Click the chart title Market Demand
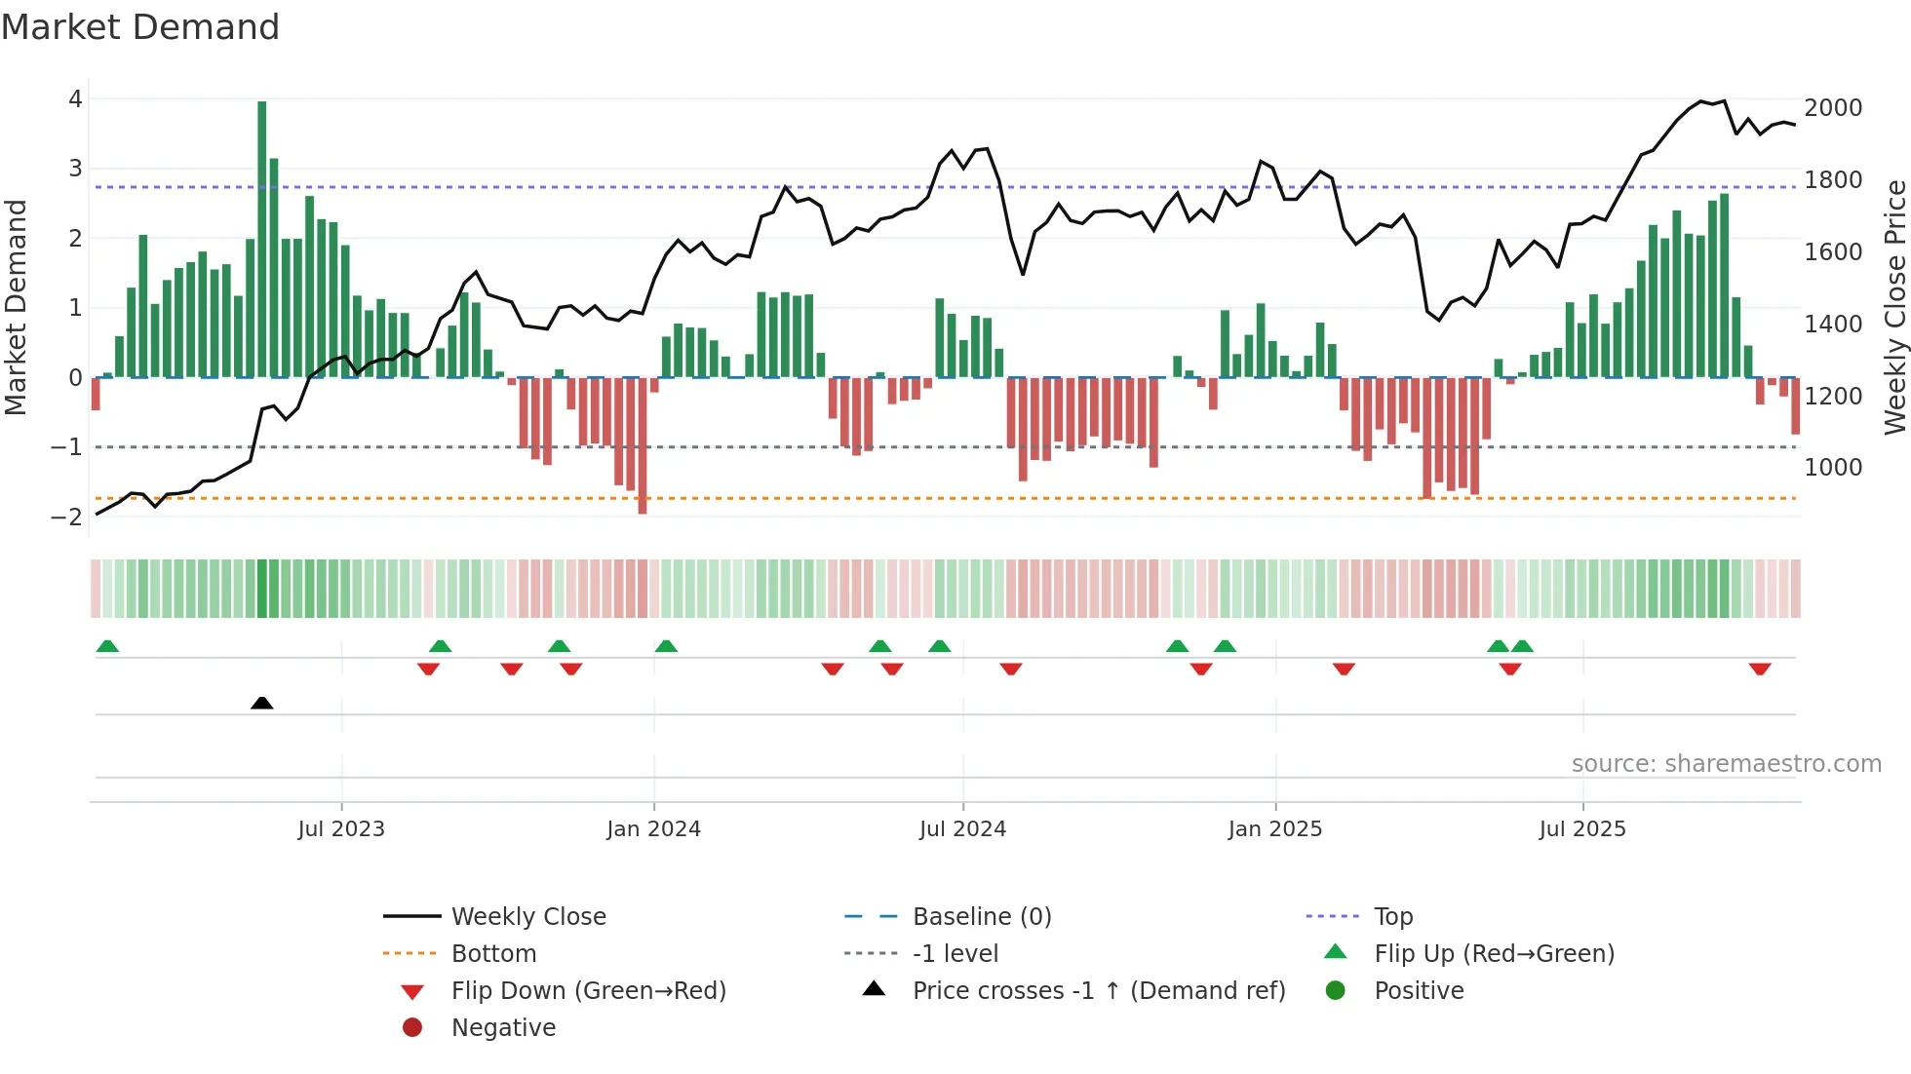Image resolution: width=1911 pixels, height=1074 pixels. pyautogui.click(x=140, y=27)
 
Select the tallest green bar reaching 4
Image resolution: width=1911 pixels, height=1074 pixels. pyautogui.click(x=261, y=239)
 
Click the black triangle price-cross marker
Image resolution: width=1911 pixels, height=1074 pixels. pyautogui.click(x=261, y=703)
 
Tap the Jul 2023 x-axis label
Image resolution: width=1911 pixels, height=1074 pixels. pyautogui.click(x=341, y=829)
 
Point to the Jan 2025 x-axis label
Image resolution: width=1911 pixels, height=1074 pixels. pyautogui.click(x=1274, y=829)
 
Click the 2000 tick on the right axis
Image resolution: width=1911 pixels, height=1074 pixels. pyautogui.click(x=1833, y=108)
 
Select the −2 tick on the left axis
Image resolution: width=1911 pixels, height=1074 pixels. pyautogui.click(x=66, y=517)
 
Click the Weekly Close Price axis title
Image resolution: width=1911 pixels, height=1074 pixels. pyautogui.click(x=1894, y=307)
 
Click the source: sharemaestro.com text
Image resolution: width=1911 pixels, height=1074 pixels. pyautogui.click(x=1726, y=764)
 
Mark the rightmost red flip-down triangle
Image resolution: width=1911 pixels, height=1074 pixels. pyautogui.click(x=1760, y=669)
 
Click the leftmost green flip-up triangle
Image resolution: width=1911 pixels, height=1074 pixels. pyautogui.click(x=107, y=646)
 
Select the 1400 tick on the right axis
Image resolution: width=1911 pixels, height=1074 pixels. pyautogui.click(x=1833, y=325)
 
